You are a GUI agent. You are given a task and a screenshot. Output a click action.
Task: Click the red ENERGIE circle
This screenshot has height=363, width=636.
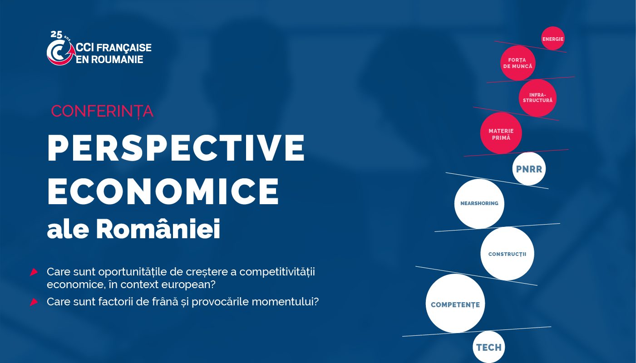[553, 39]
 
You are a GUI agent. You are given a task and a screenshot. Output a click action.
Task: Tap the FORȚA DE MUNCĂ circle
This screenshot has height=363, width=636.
[518, 63]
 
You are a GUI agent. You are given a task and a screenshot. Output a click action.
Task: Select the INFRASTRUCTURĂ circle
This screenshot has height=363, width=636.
[537, 98]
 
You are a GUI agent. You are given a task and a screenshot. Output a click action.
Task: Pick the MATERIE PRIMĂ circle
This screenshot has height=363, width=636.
[501, 133]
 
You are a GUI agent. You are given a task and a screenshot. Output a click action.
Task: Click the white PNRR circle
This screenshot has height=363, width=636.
[529, 169]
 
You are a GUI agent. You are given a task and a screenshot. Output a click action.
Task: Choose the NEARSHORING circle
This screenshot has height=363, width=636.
[479, 203]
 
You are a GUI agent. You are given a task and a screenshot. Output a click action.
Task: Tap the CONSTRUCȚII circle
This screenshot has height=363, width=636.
[508, 254]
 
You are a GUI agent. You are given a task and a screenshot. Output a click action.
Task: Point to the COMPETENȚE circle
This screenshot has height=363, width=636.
[455, 304]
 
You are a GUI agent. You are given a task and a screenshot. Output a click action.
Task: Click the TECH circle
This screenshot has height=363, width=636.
[489, 347]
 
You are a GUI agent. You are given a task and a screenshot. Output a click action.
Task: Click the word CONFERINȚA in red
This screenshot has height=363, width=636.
[102, 111]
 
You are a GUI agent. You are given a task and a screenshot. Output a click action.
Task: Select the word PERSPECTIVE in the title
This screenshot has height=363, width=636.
[176, 147]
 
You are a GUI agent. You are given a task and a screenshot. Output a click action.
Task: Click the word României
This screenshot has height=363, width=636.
[158, 229]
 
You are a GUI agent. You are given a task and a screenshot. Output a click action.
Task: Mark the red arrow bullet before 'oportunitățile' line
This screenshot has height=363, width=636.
[34, 272]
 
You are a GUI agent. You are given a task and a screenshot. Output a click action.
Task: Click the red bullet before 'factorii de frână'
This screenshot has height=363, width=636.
[34, 302]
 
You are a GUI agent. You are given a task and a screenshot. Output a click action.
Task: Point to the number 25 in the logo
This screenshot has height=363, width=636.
[56, 34]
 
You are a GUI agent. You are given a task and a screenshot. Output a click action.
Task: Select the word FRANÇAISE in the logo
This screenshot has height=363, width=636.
[124, 48]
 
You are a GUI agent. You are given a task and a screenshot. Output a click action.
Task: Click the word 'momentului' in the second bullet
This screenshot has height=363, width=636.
[285, 302]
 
